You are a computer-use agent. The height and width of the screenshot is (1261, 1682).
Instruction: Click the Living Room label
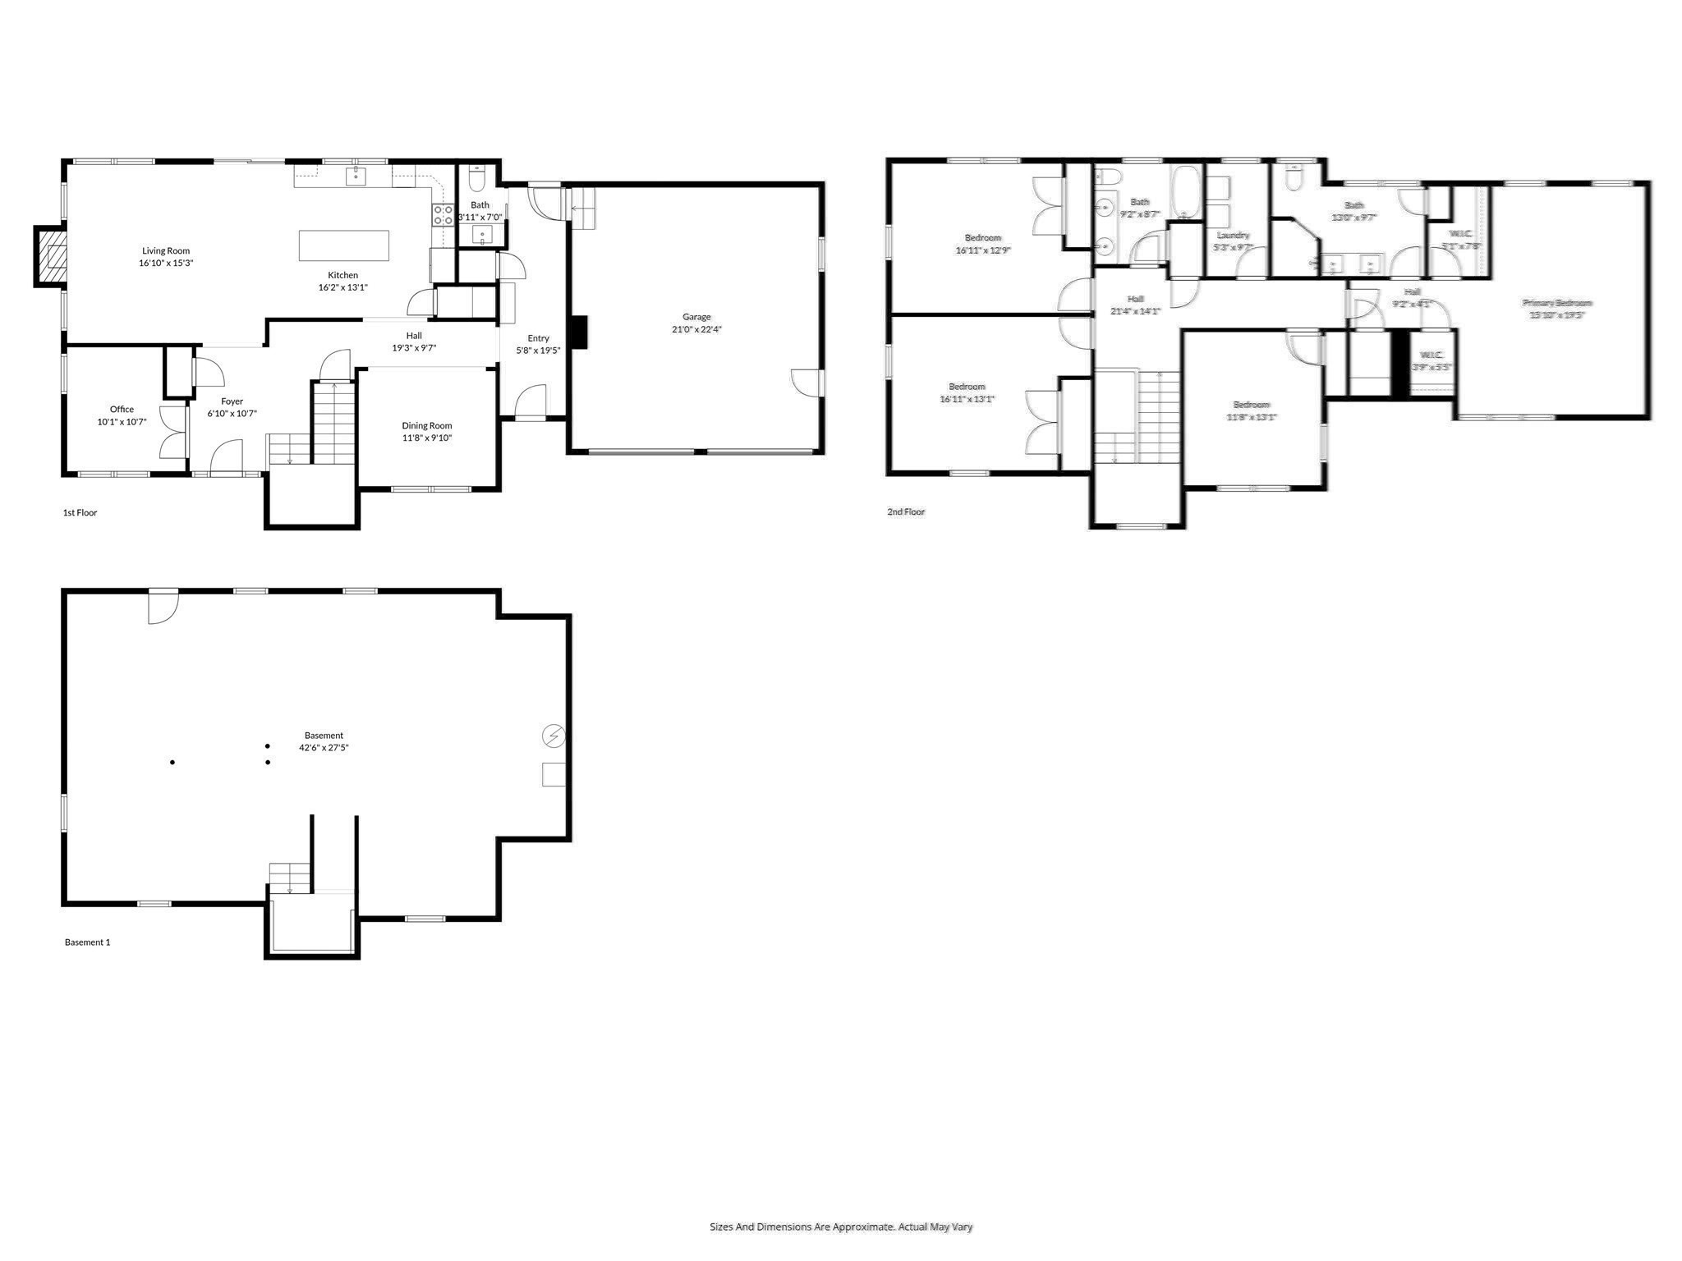166,251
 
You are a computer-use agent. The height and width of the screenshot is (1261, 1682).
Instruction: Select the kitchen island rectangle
343,245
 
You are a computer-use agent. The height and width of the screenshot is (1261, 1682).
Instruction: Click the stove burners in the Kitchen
443,215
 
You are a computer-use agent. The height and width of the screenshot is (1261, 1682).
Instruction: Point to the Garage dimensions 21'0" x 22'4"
696,329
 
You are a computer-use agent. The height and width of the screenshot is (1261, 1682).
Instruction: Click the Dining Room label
426,425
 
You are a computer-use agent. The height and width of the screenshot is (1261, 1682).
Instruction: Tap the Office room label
122,409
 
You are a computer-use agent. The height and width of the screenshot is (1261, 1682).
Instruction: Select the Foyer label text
232,401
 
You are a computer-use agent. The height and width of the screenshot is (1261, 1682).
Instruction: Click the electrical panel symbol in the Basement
554,736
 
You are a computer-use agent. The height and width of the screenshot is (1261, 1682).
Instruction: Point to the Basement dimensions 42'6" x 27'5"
324,748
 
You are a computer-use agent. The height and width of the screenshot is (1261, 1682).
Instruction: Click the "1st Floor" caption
80,512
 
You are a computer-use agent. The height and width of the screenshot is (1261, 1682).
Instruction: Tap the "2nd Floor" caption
905,511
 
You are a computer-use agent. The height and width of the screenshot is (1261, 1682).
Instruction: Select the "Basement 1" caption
87,942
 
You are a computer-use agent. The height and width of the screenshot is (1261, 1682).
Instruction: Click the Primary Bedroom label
1556,303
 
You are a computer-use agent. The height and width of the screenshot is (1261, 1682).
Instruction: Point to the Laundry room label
1232,235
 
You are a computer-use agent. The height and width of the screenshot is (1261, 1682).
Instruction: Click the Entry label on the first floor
538,338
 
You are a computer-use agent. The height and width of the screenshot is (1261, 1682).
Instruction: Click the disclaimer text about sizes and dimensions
840,1227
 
